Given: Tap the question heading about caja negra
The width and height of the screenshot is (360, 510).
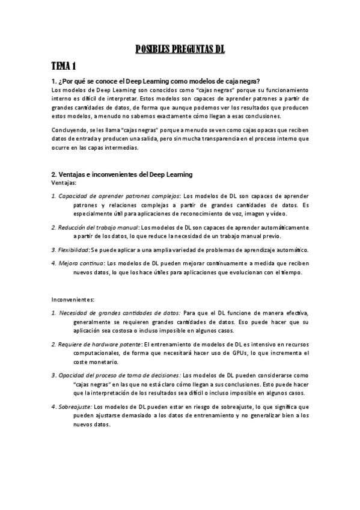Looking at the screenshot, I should point(156,81).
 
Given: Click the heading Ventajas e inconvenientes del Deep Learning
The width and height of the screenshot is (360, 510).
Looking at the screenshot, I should point(122,174).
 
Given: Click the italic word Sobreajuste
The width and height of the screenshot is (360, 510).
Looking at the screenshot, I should point(75,407).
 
